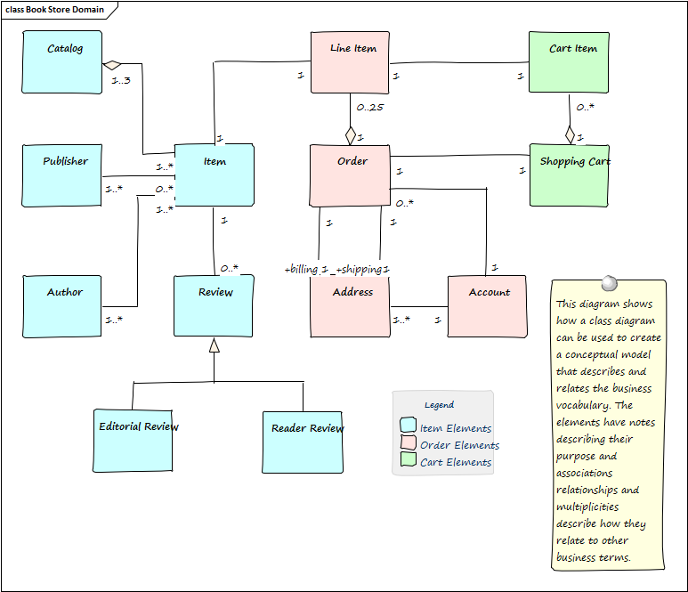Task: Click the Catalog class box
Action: (x=61, y=61)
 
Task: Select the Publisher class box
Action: (x=61, y=175)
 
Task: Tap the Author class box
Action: (x=61, y=306)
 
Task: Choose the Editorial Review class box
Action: (x=133, y=441)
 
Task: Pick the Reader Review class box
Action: (x=303, y=442)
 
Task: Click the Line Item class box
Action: (x=351, y=62)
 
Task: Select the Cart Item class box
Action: (x=569, y=62)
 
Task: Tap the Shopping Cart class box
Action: (x=570, y=174)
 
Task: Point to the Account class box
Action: (x=487, y=306)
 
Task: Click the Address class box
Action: (x=350, y=306)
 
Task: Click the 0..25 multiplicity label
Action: (x=369, y=108)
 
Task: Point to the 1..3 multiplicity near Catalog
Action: (x=121, y=81)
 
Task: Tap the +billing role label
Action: (x=304, y=269)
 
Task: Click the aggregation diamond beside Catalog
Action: (x=111, y=65)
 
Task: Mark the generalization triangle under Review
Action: (x=214, y=345)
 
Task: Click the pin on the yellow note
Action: (x=610, y=282)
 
